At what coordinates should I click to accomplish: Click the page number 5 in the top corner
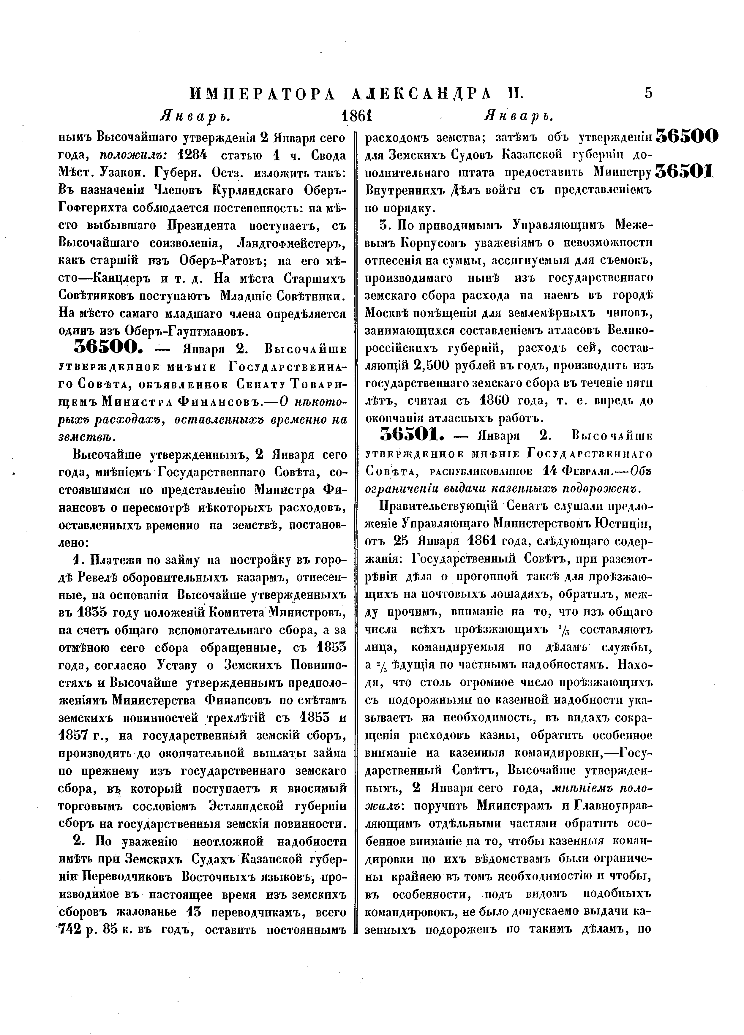(648, 93)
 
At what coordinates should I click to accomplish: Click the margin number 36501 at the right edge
(684, 171)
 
